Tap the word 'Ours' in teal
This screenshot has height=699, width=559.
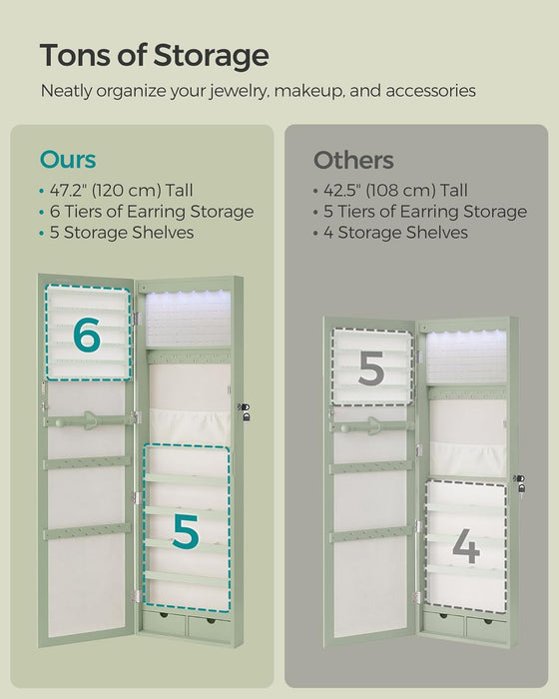[x=68, y=160]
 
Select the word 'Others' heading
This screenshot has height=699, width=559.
[x=353, y=160]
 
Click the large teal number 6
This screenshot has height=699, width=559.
[x=87, y=336]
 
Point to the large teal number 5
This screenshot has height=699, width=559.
[x=185, y=530]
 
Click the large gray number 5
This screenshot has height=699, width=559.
[x=370, y=368]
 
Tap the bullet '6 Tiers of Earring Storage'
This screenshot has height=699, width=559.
[x=152, y=211]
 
